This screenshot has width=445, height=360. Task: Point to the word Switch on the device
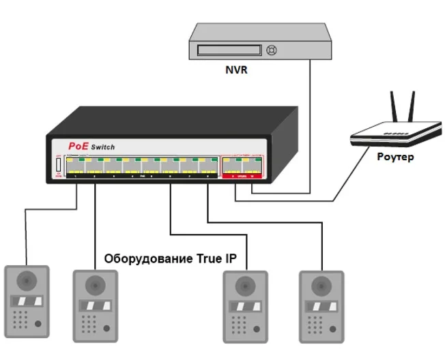click(103, 147)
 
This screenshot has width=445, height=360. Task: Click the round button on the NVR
click(272, 50)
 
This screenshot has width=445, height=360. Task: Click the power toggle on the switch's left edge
click(58, 165)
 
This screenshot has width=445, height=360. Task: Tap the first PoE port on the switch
click(75, 166)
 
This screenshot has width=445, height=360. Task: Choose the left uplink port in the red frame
click(233, 166)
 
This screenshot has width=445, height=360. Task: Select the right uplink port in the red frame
click(253, 166)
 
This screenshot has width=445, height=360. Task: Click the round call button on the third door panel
click(257, 328)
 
